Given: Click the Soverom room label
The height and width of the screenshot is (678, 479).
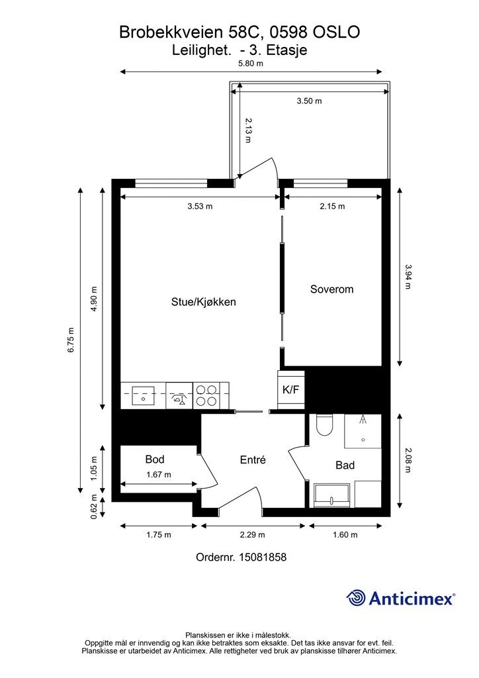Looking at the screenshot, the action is (x=331, y=289).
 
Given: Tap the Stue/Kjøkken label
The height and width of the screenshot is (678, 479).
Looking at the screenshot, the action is (x=203, y=302).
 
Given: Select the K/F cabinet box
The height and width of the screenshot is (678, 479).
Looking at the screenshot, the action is (x=290, y=389).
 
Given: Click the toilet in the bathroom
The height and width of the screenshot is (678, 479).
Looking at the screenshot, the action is (x=324, y=425).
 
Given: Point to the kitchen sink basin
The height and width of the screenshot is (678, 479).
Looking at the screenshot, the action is (x=143, y=395).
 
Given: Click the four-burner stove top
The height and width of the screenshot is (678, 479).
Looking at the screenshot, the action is (x=206, y=395).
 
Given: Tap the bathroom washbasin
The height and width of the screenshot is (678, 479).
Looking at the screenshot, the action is (x=331, y=495).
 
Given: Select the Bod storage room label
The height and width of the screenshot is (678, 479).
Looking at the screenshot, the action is (x=155, y=460).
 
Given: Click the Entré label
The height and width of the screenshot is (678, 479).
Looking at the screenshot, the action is (x=253, y=460).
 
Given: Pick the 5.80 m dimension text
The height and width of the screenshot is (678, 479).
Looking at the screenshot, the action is (x=251, y=63).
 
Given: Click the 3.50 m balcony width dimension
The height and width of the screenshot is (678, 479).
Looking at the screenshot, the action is (x=309, y=101).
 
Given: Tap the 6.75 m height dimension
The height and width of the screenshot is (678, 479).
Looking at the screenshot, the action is (x=71, y=340).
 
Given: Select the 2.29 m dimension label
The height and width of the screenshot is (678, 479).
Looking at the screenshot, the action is (x=253, y=535).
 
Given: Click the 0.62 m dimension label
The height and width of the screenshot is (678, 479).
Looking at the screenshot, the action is (x=94, y=507).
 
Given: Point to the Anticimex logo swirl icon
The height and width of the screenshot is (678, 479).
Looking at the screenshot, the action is (x=356, y=599).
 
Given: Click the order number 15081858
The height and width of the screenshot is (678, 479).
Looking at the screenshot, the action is (x=263, y=557).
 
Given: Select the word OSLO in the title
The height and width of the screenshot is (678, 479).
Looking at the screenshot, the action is (x=336, y=32).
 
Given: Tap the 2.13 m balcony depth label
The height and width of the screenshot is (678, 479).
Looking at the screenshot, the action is (x=248, y=130).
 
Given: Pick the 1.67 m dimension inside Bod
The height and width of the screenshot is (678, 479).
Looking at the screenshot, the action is (x=159, y=475).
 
